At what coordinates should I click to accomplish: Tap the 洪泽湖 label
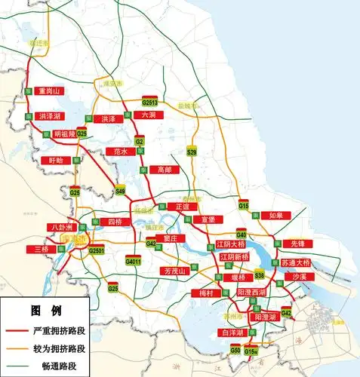pyautogui.click(x=49, y=117)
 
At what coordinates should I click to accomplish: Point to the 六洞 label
pyautogui.click(x=147, y=115)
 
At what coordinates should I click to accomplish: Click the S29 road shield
pyautogui.click(x=192, y=153)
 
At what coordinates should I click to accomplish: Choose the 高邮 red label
pyautogui.click(x=165, y=170)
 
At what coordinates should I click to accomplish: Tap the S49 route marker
pyautogui.click(x=120, y=192)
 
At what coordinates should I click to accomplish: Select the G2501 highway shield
pyautogui.click(x=96, y=250)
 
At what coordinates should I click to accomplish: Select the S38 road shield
pyautogui.click(x=259, y=274)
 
